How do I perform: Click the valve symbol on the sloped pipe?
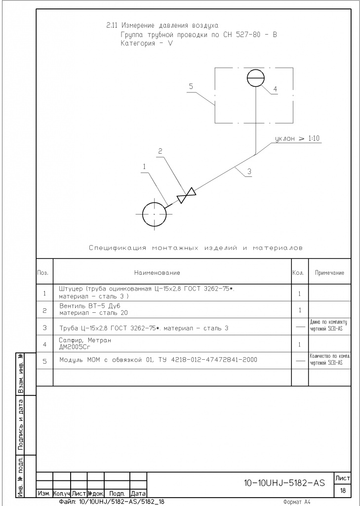(x=187, y=196)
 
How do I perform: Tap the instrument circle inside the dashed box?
(x=255, y=78)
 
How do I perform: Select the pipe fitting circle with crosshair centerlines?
(x=154, y=214)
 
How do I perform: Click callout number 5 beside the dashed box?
(x=190, y=86)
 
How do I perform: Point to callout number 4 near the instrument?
(x=275, y=89)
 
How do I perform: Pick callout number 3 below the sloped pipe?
(x=249, y=171)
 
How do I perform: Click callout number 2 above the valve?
(x=160, y=152)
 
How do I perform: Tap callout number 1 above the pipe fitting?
(x=144, y=167)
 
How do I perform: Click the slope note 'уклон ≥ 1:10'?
(x=297, y=139)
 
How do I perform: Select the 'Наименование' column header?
(x=157, y=273)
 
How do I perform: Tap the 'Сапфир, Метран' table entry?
(x=85, y=340)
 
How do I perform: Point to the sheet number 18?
(x=342, y=491)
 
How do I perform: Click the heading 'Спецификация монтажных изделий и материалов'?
(x=196, y=248)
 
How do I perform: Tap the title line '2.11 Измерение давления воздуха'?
(x=162, y=25)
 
